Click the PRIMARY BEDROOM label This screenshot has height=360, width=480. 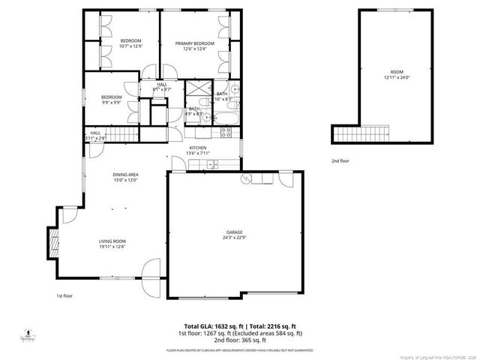[195, 43]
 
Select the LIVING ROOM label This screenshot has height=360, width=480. [112, 241]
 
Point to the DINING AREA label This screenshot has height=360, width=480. [126, 175]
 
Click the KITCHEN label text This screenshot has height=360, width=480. [198, 148]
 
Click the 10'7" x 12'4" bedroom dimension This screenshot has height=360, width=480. [131, 46]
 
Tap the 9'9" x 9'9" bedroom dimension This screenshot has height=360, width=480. [112, 103]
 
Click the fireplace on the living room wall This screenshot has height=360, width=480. [53, 241]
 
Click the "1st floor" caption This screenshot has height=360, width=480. [64, 295]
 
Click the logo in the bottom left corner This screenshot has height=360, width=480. [27, 334]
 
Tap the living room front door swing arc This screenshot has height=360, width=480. [152, 268]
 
